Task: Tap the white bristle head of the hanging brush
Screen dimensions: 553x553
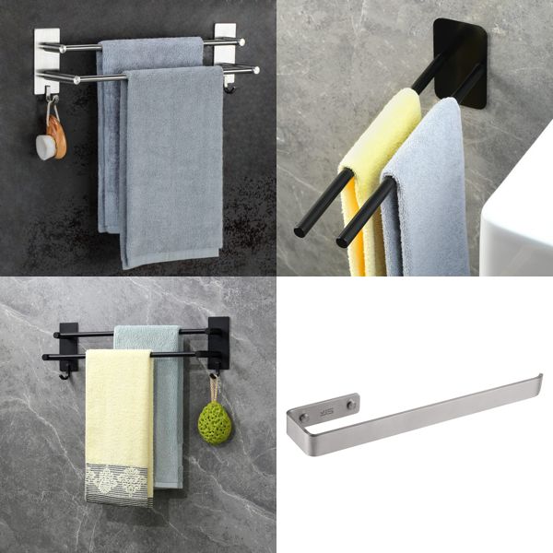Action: click(45, 147)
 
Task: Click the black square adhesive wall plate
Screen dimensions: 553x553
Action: click(461, 51)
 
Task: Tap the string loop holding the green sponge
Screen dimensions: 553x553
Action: click(213, 387)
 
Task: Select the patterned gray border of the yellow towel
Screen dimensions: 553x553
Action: click(119, 483)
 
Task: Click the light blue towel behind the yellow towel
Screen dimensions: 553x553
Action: click(167, 415)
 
